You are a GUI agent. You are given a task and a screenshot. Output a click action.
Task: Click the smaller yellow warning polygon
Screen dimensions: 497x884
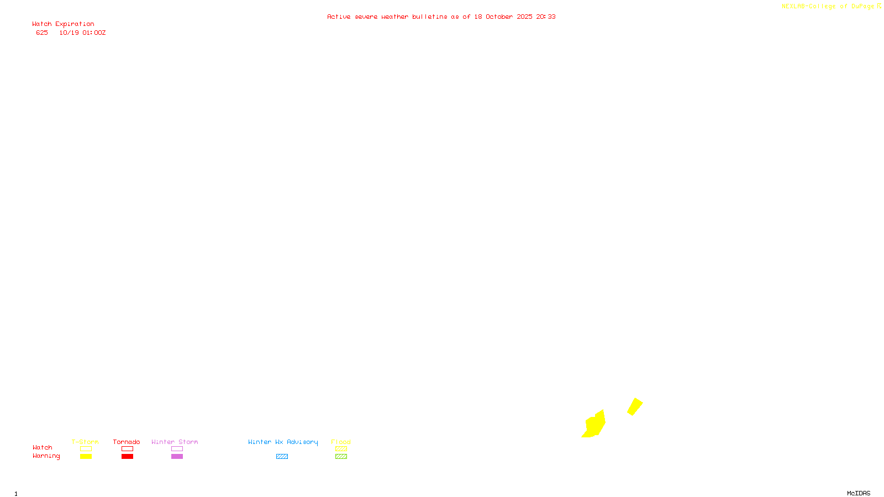tap(635, 406)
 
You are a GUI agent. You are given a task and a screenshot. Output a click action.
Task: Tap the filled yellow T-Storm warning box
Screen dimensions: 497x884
tap(86, 457)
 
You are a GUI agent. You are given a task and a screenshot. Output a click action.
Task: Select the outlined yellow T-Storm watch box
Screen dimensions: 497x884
tap(86, 449)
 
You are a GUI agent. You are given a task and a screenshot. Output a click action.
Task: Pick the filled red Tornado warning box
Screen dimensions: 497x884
tap(127, 457)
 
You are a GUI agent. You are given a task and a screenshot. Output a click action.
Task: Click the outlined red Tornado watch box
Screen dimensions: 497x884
tap(127, 449)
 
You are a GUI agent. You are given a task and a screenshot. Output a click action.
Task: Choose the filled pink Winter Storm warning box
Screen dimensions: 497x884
tap(177, 457)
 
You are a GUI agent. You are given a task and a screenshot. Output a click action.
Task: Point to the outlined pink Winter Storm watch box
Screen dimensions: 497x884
tap(177, 449)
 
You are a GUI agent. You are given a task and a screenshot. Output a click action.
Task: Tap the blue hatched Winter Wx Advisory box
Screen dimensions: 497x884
tap(282, 457)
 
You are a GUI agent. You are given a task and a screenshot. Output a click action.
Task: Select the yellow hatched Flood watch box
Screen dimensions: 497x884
tap(341, 449)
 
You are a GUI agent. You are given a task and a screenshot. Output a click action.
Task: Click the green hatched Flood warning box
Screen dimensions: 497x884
tap(341, 457)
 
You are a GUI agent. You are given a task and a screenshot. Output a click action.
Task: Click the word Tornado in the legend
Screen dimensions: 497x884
tap(127, 442)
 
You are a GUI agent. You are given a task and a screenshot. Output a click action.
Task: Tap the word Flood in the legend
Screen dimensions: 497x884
tap(341, 442)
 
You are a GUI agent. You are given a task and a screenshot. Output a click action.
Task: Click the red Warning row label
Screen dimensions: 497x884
tap(46, 456)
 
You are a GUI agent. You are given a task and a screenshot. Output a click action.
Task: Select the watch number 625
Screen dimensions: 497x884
tap(42, 33)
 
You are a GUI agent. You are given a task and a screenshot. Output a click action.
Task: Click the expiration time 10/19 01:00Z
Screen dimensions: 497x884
tap(82, 33)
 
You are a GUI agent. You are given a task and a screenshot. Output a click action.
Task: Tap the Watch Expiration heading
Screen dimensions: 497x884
tap(63, 24)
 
